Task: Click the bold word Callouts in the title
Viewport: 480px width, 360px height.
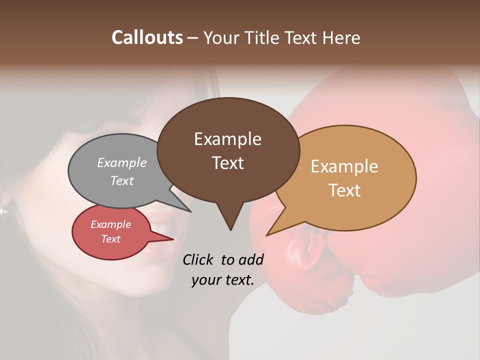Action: point(147,37)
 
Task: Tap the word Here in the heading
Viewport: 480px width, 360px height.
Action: point(341,37)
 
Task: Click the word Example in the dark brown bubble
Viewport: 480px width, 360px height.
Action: point(227,139)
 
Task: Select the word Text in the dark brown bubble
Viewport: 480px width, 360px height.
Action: point(227,163)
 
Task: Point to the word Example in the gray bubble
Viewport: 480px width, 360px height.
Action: point(122,162)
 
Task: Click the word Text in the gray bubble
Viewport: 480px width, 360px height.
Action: point(122,180)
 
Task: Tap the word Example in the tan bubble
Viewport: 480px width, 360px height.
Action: point(344,166)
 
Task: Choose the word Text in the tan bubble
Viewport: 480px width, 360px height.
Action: point(344,190)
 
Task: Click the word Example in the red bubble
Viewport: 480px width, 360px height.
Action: point(110,224)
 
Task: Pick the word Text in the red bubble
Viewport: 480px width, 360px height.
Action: point(110,239)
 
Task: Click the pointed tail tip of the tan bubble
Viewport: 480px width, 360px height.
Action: point(267,235)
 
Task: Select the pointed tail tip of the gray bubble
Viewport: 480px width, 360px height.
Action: point(190,211)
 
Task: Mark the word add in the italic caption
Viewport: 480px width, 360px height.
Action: point(251,259)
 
